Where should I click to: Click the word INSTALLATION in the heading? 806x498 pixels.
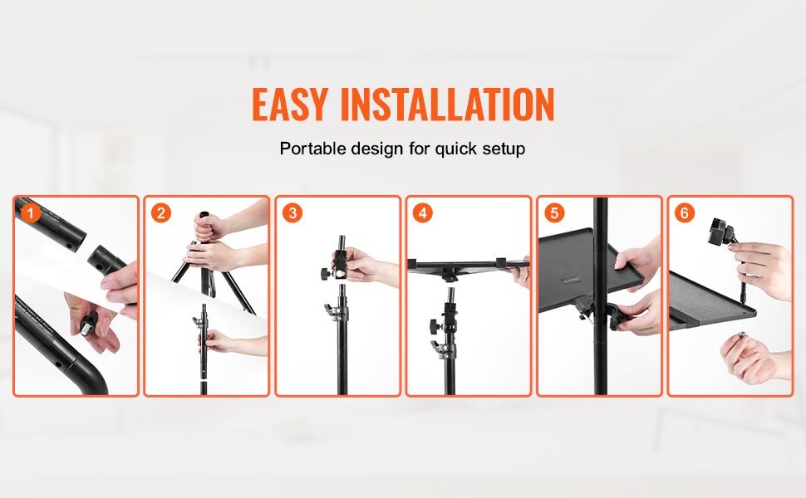(x=447, y=105)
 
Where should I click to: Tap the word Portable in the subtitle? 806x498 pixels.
(x=312, y=149)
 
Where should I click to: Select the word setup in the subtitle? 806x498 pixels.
(x=504, y=149)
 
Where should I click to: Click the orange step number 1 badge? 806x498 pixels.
(x=31, y=212)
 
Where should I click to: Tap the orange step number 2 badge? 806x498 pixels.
(x=161, y=212)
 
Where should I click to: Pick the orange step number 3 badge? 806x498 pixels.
(x=292, y=212)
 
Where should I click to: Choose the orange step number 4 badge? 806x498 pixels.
(x=423, y=212)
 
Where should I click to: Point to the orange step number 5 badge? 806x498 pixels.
(x=554, y=212)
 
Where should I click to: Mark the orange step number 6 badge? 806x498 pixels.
(x=685, y=212)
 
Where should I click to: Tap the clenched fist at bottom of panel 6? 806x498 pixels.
(x=748, y=358)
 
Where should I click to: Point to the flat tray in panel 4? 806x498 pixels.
(x=468, y=265)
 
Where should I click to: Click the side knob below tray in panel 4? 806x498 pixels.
(x=435, y=325)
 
